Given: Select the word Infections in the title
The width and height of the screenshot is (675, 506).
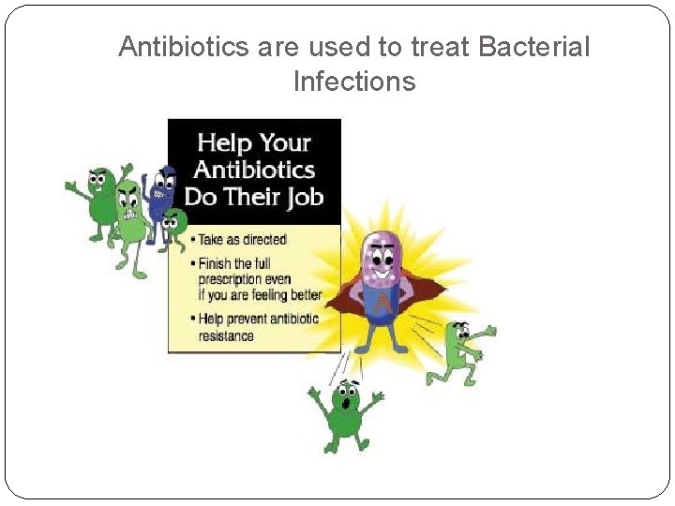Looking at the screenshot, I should click(x=353, y=82).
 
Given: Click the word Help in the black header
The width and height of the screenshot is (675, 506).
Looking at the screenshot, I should click(x=223, y=143).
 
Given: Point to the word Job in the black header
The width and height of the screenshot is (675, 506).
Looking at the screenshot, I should click(x=302, y=196).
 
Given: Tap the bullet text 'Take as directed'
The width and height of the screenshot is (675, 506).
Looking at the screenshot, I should click(x=242, y=240).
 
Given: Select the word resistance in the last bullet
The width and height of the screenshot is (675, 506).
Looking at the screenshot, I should click(x=226, y=335).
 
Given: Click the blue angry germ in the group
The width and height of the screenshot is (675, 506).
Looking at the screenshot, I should click(x=166, y=191).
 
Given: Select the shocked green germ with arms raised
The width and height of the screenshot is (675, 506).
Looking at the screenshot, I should click(x=345, y=412).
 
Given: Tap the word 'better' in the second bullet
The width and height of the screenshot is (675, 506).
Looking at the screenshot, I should click(x=302, y=295).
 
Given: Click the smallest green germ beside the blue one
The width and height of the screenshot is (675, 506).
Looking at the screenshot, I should click(x=173, y=225).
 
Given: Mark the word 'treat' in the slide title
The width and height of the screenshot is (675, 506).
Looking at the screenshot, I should click(x=421, y=48).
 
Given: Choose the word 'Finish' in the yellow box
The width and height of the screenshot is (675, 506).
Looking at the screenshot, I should click(x=217, y=263).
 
